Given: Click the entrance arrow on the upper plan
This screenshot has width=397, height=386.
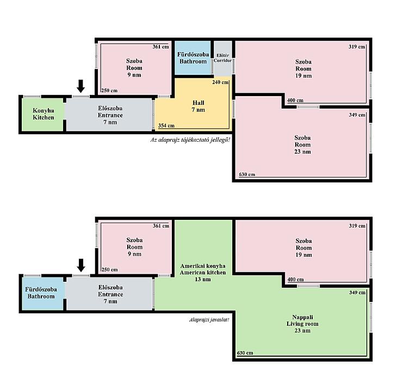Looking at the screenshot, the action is tap(81, 86).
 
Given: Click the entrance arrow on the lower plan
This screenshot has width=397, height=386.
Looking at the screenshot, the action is tap(81, 265).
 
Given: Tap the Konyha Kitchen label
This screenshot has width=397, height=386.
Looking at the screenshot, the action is tap(44, 114).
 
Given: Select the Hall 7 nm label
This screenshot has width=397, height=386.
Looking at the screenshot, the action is tap(199, 106).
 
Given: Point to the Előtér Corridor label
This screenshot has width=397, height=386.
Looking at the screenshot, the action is tap(222, 58).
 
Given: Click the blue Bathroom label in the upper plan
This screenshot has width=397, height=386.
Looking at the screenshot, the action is tap(193, 58).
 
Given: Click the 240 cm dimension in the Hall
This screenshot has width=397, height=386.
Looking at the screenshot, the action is tap(220, 82).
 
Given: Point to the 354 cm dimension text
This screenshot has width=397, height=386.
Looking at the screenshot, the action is tap(166, 125).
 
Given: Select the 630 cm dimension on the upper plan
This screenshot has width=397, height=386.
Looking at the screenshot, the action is tap(247, 174).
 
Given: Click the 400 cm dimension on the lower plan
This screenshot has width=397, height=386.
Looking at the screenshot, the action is tap(295, 280).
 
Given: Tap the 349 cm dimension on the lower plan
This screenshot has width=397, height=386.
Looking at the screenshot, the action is tap(357, 293).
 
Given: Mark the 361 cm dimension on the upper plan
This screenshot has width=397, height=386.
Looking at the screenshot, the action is tap(161, 47).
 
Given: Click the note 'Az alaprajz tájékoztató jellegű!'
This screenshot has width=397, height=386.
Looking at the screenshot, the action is tap(190, 140).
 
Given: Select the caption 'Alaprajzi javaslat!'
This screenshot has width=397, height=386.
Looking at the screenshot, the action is tap(209, 320).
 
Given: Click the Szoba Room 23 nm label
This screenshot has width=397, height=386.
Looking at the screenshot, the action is tap(302, 145).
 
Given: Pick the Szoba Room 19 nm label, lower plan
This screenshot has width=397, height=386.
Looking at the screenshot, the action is tap(304, 248).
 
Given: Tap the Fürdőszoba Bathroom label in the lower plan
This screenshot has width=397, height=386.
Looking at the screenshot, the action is tap(41, 293).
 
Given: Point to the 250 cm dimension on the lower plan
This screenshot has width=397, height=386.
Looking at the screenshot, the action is tap(110, 269).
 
